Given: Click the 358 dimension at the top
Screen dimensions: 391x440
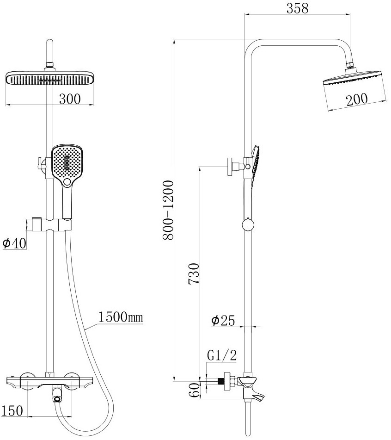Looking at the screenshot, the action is [x=297, y=8].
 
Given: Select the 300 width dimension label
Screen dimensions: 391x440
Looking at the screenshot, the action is [x=70, y=99].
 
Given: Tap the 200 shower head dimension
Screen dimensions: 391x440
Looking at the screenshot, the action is [x=356, y=99].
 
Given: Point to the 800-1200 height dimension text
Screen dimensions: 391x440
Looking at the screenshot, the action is [x=168, y=210].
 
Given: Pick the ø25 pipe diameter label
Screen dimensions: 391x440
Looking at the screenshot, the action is [x=223, y=321].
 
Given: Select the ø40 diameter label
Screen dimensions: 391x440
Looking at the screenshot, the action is [x=14, y=243].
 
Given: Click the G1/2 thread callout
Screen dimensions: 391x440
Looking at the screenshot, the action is [x=222, y=355].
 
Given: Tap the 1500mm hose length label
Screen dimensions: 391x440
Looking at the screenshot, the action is [x=121, y=317].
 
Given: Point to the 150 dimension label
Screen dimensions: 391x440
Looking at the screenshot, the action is [x=12, y=411].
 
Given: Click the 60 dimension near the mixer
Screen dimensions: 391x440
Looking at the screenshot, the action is [x=194, y=390].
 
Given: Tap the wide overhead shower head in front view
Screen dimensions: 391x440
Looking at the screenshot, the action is [x=50, y=78].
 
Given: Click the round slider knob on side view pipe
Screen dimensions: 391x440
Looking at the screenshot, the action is [x=248, y=225].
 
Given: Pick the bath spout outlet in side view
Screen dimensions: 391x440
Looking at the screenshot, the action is [x=255, y=395].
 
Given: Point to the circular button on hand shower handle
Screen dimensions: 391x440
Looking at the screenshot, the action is [x=67, y=182].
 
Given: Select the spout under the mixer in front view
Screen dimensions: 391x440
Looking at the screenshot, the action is [x=57, y=395].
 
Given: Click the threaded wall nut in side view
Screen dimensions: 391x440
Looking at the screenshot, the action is [x=228, y=381].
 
